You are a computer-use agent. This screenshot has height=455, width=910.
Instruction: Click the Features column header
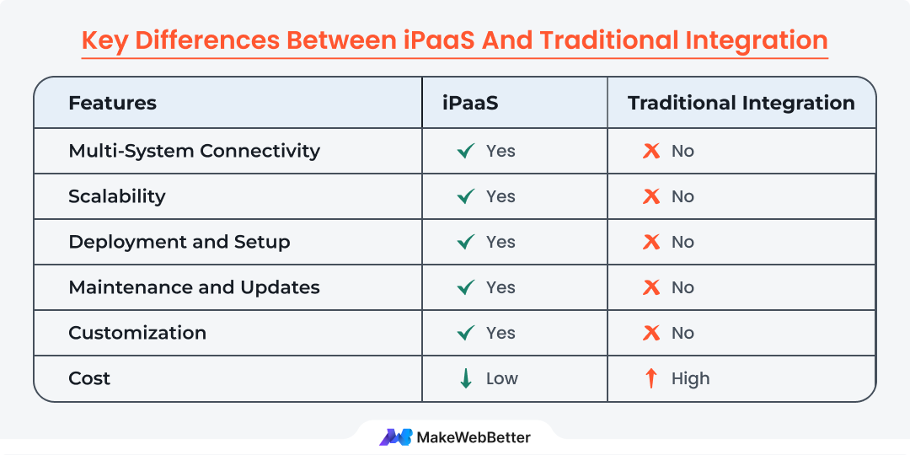[112, 104]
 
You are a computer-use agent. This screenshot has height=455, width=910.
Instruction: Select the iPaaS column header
[470, 104]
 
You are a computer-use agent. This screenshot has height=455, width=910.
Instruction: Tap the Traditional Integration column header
[741, 104]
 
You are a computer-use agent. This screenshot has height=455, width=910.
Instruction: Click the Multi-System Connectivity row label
[194, 151]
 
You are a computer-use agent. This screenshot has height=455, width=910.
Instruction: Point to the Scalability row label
[116, 196]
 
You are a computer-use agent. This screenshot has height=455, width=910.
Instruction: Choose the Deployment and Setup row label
[179, 242]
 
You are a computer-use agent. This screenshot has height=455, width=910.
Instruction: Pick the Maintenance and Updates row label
[194, 287]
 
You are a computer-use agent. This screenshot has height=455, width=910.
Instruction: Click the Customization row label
[137, 333]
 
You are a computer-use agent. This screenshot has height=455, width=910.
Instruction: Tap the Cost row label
[89, 378]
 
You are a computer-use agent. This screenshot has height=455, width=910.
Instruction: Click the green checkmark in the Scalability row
[465, 196]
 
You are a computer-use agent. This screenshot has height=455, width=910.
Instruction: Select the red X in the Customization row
[651, 333]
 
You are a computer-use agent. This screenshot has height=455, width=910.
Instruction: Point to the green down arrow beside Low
[465, 378]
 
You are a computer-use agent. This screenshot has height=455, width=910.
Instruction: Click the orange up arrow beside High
[650, 378]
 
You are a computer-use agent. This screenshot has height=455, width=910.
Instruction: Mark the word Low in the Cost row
[502, 378]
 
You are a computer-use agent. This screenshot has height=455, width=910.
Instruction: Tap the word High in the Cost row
[691, 378]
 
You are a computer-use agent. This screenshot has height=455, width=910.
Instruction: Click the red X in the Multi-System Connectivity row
[651, 151]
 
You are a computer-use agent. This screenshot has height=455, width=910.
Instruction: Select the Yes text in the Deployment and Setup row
[500, 242]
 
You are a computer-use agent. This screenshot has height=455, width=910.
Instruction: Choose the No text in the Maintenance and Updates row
[682, 287]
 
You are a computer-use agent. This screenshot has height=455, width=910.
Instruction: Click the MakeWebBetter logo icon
[395, 436]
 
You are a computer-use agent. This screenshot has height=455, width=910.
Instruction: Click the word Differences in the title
[214, 40]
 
